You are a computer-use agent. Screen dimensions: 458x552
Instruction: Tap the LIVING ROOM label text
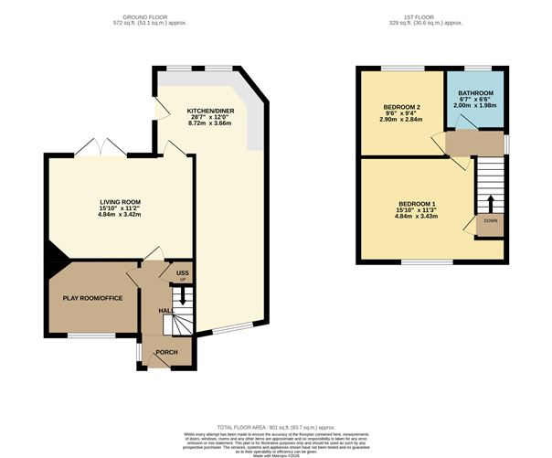(120, 202)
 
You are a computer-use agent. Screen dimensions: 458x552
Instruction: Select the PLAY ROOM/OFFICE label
(91, 298)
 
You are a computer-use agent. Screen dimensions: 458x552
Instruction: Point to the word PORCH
(166, 353)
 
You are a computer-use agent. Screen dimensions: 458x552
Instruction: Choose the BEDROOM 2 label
(400, 107)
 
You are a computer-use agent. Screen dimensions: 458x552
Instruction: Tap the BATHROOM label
(475, 93)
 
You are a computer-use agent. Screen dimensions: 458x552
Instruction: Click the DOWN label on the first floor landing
(491, 221)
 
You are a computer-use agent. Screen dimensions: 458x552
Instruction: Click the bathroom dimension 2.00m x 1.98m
(475, 107)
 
